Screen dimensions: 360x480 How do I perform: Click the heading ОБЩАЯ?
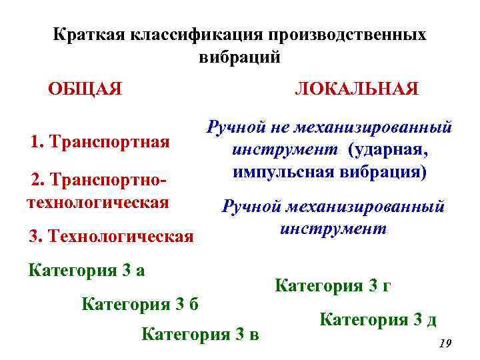click(x=85, y=89)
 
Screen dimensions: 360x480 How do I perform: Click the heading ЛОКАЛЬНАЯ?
click(x=357, y=89)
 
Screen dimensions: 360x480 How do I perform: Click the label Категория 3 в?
click(x=200, y=333)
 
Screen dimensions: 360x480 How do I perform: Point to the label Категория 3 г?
click(x=333, y=287)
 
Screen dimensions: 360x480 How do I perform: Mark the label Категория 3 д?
click(x=378, y=320)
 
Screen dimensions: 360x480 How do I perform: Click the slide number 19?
click(x=445, y=343)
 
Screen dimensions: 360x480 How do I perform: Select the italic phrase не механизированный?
click(x=363, y=127)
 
